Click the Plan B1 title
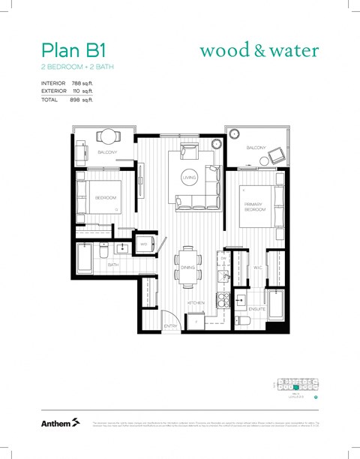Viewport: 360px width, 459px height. tap(73, 50)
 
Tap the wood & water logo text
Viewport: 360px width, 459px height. tap(259, 51)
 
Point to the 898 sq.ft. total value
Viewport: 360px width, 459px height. tap(81, 99)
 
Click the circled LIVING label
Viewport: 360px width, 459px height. tap(189, 178)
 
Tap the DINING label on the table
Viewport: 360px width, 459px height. tap(187, 267)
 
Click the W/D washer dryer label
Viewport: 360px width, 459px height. tap(143, 244)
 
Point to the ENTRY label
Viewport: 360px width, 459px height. tap(171, 325)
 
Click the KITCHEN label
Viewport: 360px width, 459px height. tap(196, 303)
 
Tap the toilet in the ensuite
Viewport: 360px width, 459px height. tap(241, 320)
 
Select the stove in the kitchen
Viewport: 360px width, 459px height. tap(223, 301)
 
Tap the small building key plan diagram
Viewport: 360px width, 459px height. tap(296, 386)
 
